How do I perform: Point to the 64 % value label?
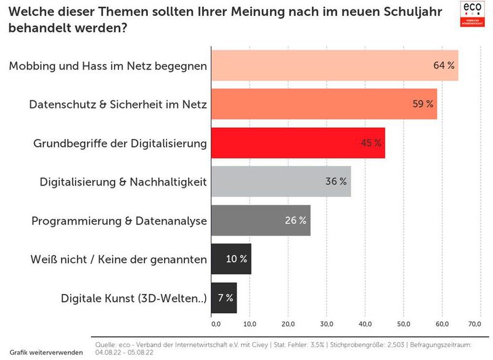pyautogui.click(x=444, y=65)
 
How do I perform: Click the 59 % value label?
pyautogui.click(x=423, y=104)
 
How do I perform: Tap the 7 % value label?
pyautogui.click(x=226, y=298)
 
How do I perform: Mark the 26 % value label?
pyautogui.click(x=296, y=221)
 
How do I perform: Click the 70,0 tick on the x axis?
pyautogui.click(x=475, y=323)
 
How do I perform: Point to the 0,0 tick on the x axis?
pyautogui.click(x=216, y=323)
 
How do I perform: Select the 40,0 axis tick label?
pyautogui.click(x=365, y=323)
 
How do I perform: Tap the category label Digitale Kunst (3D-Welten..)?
pyautogui.click(x=134, y=298)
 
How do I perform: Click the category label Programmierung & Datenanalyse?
pyautogui.click(x=119, y=221)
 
